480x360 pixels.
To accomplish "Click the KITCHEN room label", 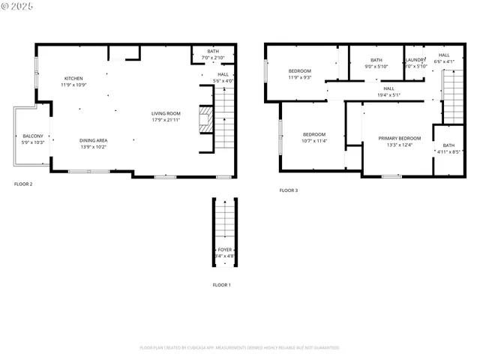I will coord(73,79).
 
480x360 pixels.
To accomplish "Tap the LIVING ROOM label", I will coord(166,113).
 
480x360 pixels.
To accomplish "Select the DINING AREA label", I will coord(94,140).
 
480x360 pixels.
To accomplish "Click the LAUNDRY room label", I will coord(415,60).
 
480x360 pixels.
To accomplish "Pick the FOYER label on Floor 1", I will coord(225,250).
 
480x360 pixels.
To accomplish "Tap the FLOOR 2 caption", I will coord(23,183).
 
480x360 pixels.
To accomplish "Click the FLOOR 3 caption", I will coord(289,190).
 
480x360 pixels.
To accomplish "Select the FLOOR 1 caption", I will coord(221,285).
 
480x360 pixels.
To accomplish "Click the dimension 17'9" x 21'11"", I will coord(166,119).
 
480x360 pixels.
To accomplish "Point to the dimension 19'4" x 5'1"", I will coord(388,94).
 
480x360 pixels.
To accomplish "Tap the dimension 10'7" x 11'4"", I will coord(314,140).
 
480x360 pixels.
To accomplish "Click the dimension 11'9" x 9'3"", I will coord(300,77).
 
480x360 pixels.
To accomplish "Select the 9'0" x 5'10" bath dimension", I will coord(376,66).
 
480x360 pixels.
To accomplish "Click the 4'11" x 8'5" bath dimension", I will coord(448,151).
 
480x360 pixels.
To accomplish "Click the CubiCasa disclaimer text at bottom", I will coord(239,347).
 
